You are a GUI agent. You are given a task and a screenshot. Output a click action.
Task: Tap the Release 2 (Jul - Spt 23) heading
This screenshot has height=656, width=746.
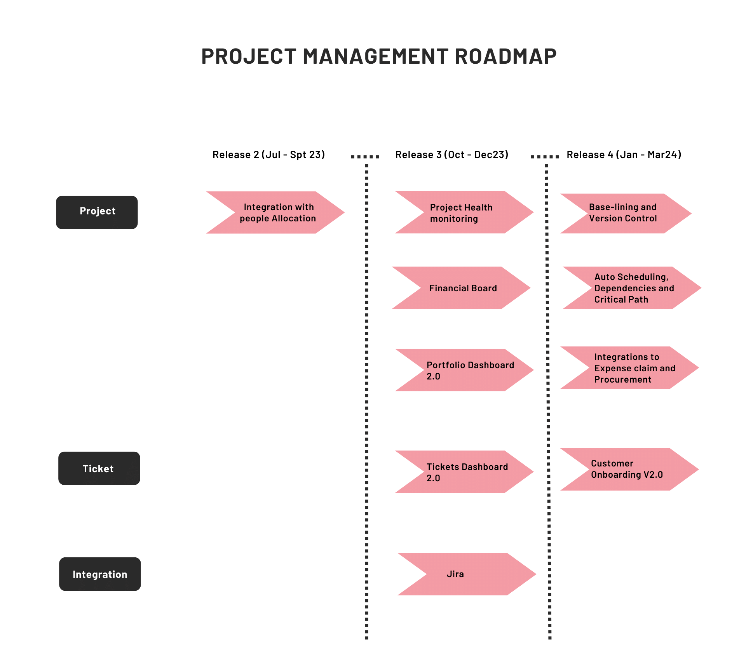click(268, 155)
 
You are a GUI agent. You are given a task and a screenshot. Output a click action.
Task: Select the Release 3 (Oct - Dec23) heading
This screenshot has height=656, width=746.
click(451, 155)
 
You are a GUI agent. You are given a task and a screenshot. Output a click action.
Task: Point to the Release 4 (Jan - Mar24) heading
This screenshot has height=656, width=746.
click(624, 155)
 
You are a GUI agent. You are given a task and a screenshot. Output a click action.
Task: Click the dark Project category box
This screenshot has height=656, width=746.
click(97, 212)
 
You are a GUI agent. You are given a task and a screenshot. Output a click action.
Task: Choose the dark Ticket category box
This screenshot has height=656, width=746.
click(99, 468)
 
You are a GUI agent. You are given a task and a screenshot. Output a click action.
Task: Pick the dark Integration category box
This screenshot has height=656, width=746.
click(100, 574)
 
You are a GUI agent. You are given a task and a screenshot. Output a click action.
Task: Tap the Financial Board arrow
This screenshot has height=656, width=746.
click(462, 288)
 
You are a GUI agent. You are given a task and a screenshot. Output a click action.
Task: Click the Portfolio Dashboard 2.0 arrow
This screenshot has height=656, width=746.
click(466, 370)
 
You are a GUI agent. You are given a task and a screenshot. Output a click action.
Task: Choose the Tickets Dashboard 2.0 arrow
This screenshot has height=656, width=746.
click(466, 472)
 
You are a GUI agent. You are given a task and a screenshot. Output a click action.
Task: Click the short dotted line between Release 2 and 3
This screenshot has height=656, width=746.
click(365, 157)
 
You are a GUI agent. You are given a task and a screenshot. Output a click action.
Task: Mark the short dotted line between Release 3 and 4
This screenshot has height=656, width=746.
click(545, 157)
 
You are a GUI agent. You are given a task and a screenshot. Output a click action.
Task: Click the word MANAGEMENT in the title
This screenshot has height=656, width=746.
click(375, 56)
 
